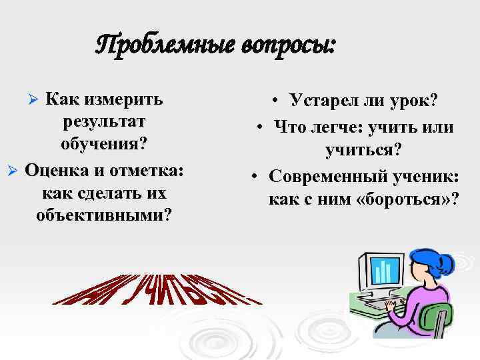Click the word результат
(103, 123)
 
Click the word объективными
(103, 215)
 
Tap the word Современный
(333, 176)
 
